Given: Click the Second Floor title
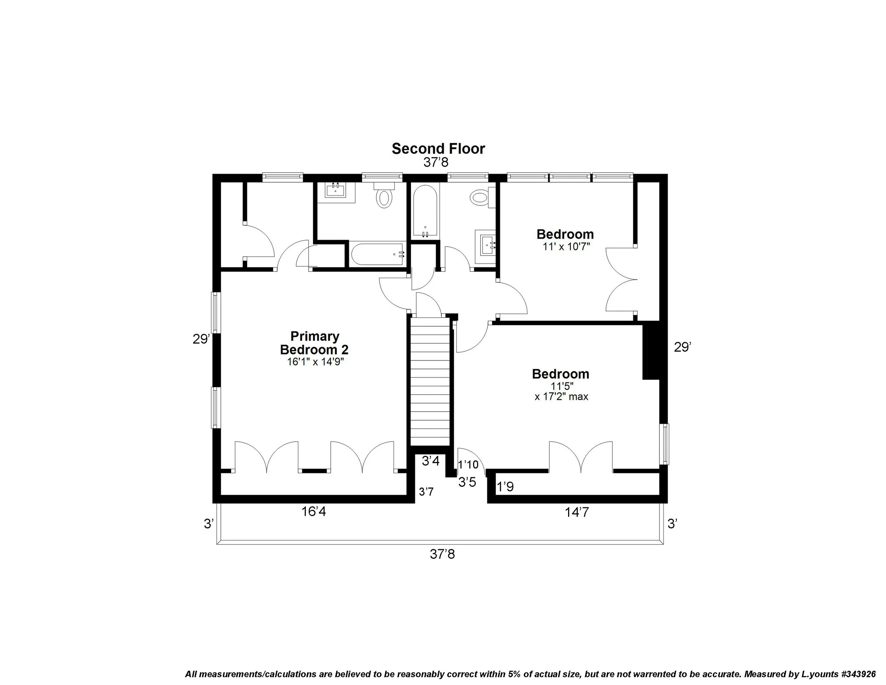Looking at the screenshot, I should (438, 149).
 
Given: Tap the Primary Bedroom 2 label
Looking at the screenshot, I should (314, 343).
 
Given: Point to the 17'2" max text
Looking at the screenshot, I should (561, 396).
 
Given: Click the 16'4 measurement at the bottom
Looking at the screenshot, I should (314, 512).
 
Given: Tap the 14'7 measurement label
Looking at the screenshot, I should (577, 513).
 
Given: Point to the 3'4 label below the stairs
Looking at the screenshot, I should (431, 461).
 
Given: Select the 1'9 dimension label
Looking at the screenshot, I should (505, 486).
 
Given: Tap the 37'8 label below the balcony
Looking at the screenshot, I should (442, 554).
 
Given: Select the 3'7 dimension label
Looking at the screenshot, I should (426, 492).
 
